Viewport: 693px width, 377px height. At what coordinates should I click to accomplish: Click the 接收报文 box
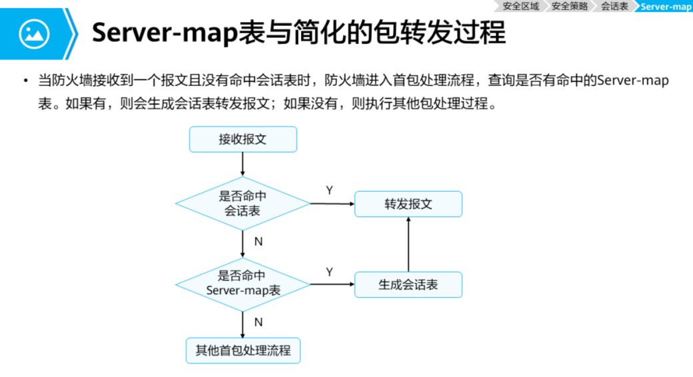[x=243, y=139]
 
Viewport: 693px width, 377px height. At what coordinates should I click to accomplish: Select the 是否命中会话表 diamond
[x=243, y=204]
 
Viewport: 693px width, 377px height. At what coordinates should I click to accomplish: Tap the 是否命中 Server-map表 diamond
[x=243, y=284]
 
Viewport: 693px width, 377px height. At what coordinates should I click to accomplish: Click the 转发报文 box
[x=408, y=204]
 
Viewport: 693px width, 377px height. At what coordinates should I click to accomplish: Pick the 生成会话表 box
[x=408, y=284]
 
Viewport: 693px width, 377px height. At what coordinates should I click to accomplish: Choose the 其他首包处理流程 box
[x=243, y=350]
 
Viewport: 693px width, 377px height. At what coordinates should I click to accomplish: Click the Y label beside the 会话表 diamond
[x=329, y=190]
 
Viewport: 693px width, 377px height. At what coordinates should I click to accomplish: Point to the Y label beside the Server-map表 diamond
[x=329, y=272]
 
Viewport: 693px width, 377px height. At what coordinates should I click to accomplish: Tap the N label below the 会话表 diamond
[x=259, y=241]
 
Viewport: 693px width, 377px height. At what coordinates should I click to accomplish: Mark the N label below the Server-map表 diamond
[x=259, y=322]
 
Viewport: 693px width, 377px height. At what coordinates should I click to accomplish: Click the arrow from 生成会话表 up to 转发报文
[x=408, y=244]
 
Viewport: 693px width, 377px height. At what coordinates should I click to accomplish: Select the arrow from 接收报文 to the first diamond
[x=243, y=164]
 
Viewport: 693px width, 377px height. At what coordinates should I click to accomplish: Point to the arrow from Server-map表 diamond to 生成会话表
[x=332, y=284]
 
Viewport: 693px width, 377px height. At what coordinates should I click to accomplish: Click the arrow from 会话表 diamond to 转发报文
[x=332, y=204]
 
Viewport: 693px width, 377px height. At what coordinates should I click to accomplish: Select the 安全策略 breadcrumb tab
[x=570, y=6]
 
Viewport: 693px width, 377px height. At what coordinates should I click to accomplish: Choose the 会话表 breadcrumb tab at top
[x=614, y=6]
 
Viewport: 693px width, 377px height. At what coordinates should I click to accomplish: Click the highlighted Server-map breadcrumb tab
[x=666, y=6]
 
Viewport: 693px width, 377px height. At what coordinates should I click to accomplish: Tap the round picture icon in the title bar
[x=34, y=34]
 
